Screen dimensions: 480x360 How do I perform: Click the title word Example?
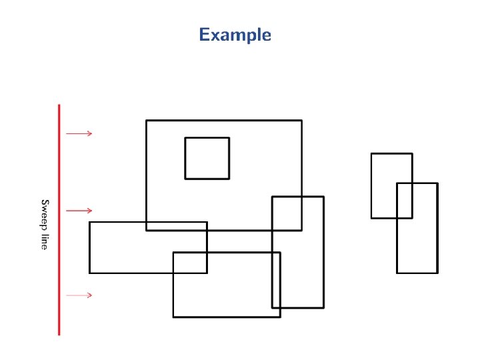pos(235,35)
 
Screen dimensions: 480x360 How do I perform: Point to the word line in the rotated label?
pos(45,241)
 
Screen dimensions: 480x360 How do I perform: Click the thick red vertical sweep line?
pos(59,220)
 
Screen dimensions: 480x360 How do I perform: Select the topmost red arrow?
pos(79,133)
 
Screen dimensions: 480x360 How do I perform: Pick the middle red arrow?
pos(79,211)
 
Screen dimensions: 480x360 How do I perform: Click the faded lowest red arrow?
pos(79,295)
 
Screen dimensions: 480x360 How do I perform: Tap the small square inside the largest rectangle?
pos(207,158)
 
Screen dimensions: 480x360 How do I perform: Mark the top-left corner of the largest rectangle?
pos(147,121)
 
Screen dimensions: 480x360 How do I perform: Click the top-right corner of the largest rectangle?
pos(301,121)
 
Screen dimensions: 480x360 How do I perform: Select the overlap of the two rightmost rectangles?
pos(405,200)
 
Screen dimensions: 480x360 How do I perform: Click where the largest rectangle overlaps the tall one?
pos(287,213)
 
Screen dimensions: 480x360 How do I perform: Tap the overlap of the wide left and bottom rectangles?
pos(190,263)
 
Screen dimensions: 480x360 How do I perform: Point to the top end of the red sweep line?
pos(59,105)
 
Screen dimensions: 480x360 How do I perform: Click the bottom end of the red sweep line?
pos(59,334)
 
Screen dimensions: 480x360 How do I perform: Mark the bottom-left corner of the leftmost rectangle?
pos(90,273)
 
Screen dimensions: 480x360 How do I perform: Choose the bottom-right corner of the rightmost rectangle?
pos(437,273)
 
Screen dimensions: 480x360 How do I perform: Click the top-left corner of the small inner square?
pos(186,138)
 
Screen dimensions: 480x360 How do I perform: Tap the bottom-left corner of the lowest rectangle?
pos(173,317)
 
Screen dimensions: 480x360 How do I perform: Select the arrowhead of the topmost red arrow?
pos(90,133)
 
